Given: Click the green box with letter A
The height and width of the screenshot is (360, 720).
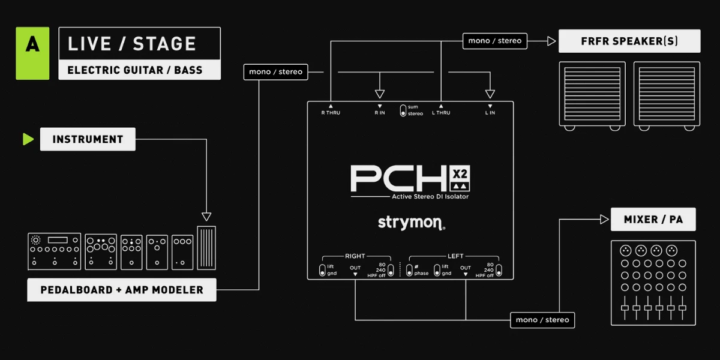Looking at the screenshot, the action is pyautogui.click(x=32, y=53).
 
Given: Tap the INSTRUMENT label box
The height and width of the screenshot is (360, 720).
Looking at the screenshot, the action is pyautogui.click(x=88, y=139).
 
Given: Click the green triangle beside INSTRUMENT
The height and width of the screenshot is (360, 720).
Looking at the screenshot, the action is pyautogui.click(x=28, y=139).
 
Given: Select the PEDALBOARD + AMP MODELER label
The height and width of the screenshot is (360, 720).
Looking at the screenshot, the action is pyautogui.click(x=122, y=290).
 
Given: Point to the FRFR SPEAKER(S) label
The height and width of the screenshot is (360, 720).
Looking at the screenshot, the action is pyautogui.click(x=629, y=41).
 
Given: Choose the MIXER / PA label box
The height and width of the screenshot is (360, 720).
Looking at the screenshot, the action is pyautogui.click(x=653, y=219).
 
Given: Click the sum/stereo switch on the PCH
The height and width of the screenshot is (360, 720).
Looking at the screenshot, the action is pyautogui.click(x=403, y=110).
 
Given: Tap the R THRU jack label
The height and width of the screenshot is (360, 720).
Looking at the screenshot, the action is pyautogui.click(x=331, y=113).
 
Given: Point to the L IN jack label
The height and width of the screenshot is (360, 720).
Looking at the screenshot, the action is pyautogui.click(x=490, y=113).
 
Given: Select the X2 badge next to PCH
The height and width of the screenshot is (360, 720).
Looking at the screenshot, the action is pyautogui.click(x=460, y=178).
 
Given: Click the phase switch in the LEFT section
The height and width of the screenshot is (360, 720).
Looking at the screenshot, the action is pyautogui.click(x=409, y=271).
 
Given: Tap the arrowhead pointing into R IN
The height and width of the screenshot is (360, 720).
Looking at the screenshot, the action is pyautogui.click(x=380, y=94).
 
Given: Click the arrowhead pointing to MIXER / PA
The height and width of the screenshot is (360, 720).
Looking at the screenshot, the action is pyautogui.click(x=604, y=220).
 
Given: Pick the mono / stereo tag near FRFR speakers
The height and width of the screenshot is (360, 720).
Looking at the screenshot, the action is pyautogui.click(x=494, y=41).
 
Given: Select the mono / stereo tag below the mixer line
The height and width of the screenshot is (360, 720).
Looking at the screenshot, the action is pyautogui.click(x=542, y=320).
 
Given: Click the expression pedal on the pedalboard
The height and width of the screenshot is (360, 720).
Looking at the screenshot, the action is pyautogui.click(x=206, y=248).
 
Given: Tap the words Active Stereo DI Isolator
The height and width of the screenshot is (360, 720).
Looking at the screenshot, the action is pyautogui.click(x=430, y=196).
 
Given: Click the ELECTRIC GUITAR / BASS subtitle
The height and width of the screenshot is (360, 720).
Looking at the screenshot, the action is pyautogui.click(x=135, y=70).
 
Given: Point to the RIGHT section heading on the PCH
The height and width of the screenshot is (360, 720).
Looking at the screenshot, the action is pyautogui.click(x=355, y=256).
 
